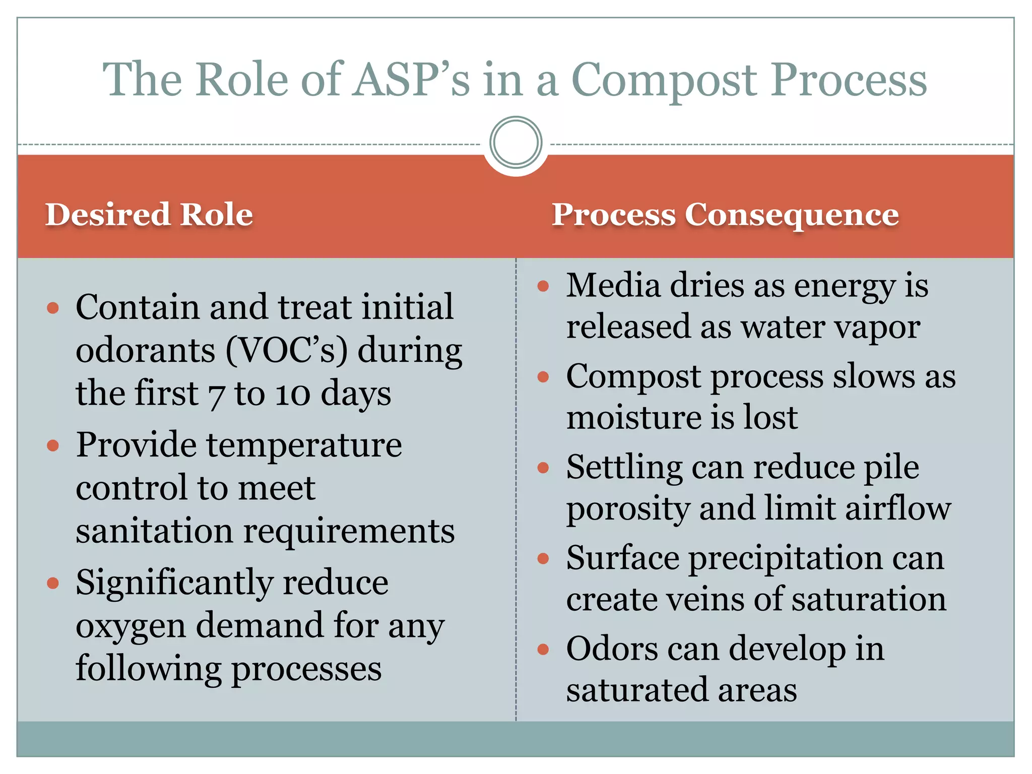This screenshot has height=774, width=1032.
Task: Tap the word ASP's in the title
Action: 411,81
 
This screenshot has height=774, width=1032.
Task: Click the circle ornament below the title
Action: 515,143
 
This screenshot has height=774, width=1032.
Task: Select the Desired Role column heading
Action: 149,215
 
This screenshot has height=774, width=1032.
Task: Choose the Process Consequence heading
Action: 725,215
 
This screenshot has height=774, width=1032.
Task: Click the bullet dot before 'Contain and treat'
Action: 53,308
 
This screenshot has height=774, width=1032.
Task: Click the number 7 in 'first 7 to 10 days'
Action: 216,395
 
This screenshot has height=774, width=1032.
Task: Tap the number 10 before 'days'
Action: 292,395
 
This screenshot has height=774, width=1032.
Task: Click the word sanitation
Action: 154,531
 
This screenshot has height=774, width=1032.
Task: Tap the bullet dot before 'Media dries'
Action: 543,287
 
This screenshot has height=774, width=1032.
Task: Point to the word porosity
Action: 628,509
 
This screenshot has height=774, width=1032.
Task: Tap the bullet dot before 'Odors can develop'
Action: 543,650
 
